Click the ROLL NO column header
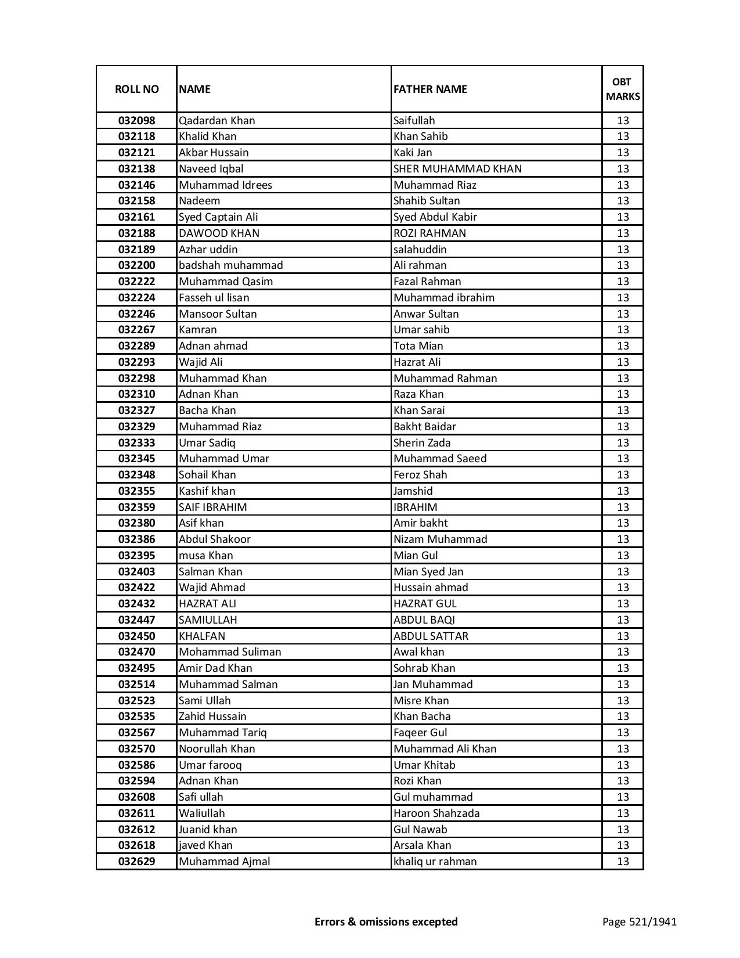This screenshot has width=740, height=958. point(136,89)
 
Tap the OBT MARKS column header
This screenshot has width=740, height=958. point(623,89)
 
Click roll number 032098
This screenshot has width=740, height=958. point(136,121)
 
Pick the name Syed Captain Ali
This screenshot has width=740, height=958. point(218,217)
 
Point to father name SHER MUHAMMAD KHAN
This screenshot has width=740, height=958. point(457,169)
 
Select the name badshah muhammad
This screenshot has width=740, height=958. point(231,265)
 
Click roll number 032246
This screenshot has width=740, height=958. point(136,314)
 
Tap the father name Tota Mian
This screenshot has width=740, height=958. point(418,346)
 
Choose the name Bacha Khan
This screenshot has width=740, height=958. point(207,410)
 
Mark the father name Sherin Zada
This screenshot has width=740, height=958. point(422,443)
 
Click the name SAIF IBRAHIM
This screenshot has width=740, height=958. point(212,507)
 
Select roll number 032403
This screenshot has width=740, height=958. point(136,572)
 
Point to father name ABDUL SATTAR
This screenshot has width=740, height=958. point(431,636)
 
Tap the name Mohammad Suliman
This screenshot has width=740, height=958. point(230,652)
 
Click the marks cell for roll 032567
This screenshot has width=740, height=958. point(623,733)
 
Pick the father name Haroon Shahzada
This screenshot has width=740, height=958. point(436,813)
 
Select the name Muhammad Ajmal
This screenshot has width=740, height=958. point(224,862)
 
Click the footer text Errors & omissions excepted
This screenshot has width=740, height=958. point(386,921)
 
